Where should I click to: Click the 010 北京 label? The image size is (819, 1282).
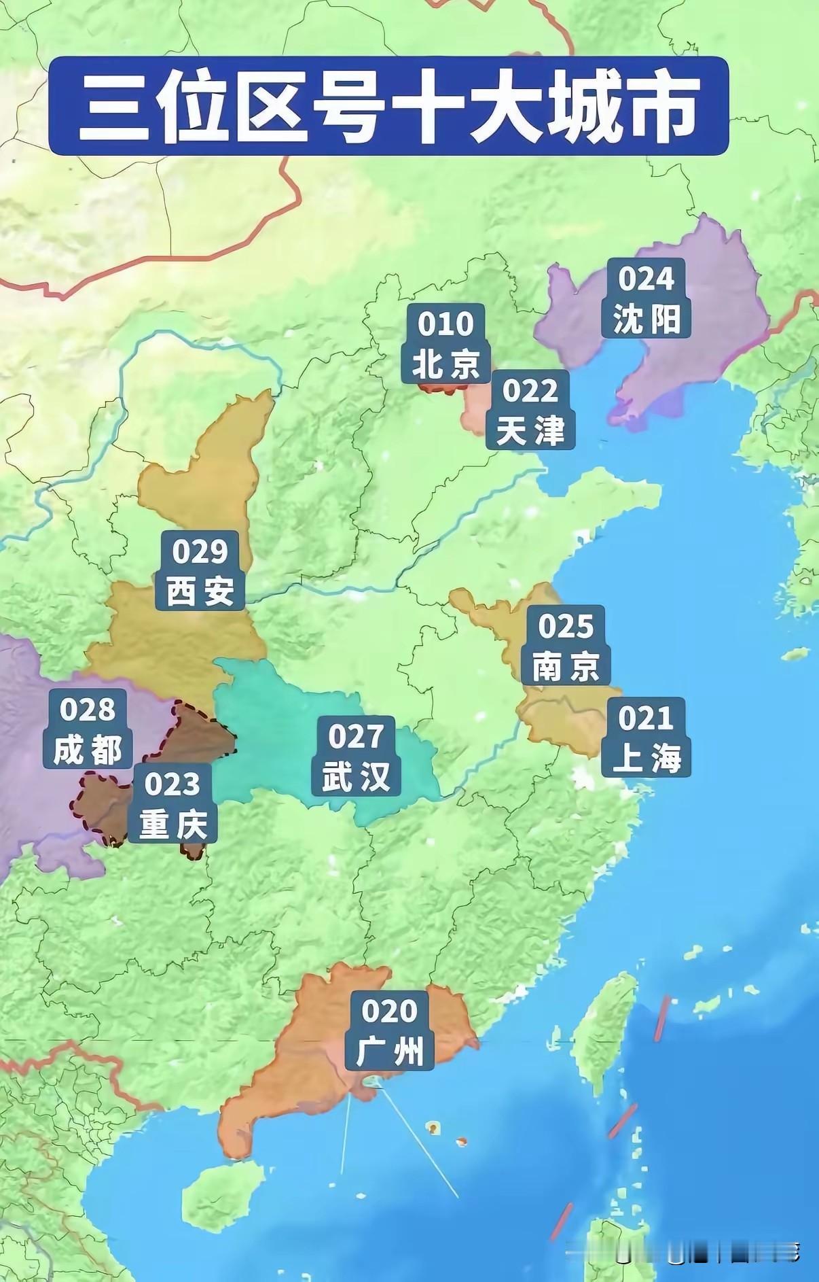pos(445,343)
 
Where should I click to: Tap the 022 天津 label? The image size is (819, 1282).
pos(530,410)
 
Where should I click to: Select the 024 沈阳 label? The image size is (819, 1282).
pos(646,299)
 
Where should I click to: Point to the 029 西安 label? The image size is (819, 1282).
pos(200,571)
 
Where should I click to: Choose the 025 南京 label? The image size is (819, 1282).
pos(566,646)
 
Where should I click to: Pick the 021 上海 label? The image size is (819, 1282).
pos(646,738)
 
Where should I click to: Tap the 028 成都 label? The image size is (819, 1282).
pos(88,729)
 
